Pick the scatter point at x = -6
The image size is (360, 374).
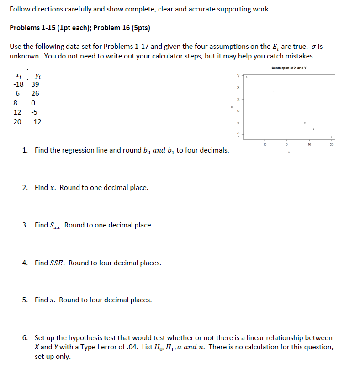pyautogui.click(x=273, y=93)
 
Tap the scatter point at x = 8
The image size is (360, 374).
pyautogui.click(x=305, y=123)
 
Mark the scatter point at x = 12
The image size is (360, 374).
pyautogui.click(x=313, y=129)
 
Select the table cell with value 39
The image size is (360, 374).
pyautogui.click(x=35, y=84)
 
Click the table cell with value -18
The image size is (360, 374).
pyautogui.click(x=18, y=84)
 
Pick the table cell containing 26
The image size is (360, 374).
pyautogui.click(x=35, y=94)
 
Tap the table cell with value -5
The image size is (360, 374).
pyautogui.click(x=35, y=112)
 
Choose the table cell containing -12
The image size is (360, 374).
pyautogui.click(x=36, y=122)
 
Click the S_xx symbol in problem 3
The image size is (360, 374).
pyautogui.click(x=55, y=226)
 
